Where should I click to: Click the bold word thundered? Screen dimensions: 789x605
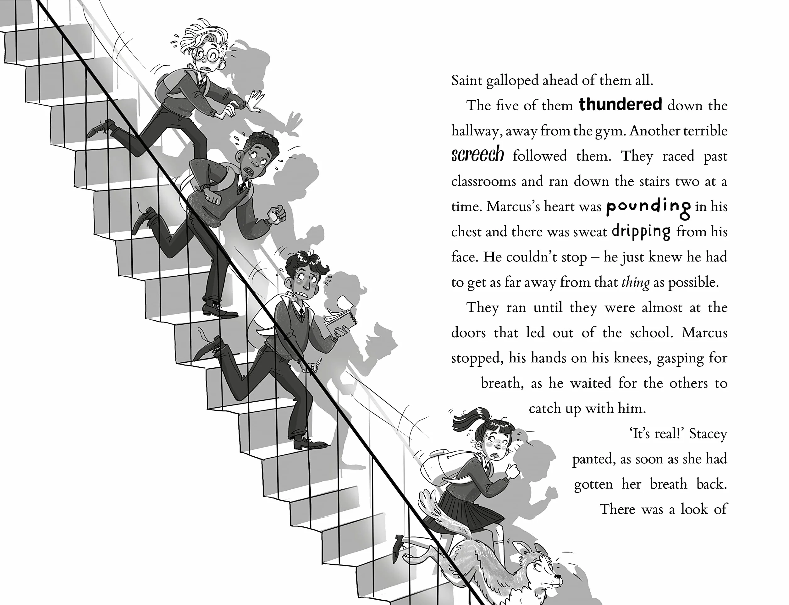[620, 104]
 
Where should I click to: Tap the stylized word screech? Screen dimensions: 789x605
[477, 155]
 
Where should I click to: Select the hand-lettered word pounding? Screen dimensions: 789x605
[648, 208]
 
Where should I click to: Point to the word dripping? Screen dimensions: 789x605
[641, 232]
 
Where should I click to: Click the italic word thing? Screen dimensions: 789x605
[636, 282]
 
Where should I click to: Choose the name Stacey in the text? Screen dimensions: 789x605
[708, 434]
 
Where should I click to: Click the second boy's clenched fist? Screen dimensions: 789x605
[278, 215]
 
